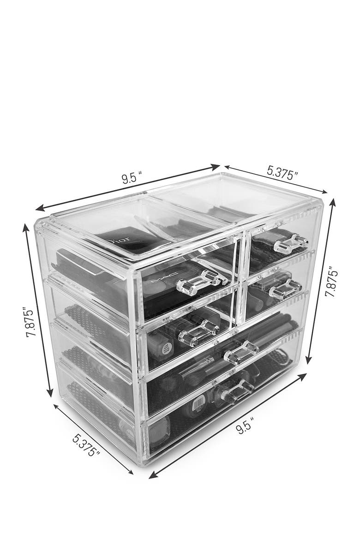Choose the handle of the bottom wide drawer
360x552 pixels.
pos(236,390)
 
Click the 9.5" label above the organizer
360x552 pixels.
pos(131,178)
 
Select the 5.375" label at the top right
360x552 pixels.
pos(282,173)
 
